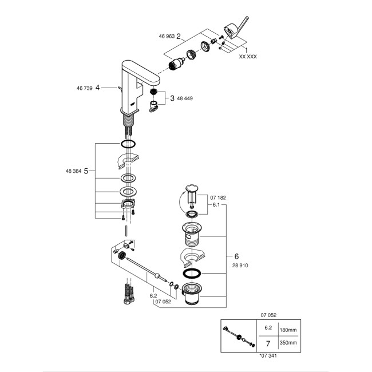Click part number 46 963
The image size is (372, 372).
tap(167, 35)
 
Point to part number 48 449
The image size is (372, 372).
tap(185, 98)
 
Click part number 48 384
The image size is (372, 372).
tap(75, 171)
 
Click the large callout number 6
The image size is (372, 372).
tap(236, 256)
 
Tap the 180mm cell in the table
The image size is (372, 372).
tap(287, 329)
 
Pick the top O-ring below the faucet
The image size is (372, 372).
tap(129, 143)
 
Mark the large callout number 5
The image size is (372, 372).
tap(86, 171)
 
